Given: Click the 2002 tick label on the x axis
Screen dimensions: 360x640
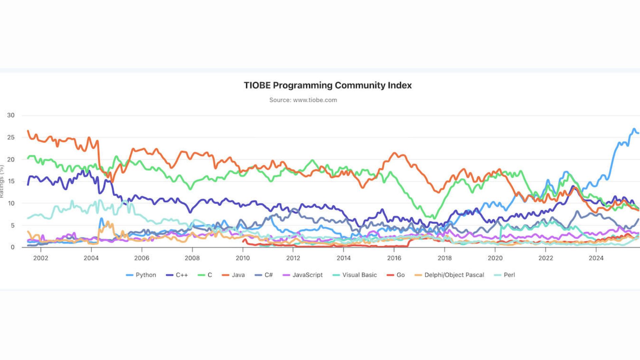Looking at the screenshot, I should click(41, 258).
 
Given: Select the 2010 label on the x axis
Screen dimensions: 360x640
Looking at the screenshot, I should click(243, 258).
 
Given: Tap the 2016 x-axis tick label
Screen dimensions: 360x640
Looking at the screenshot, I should click(394, 258).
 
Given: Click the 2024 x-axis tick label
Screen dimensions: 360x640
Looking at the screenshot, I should click(596, 258).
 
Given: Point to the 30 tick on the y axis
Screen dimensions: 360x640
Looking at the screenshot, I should click(11, 115).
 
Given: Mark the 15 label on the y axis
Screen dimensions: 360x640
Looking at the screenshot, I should click(11, 181).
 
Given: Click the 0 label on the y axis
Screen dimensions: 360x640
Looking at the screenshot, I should click(13, 247).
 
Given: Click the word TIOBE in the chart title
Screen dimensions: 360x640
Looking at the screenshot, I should click(257, 85).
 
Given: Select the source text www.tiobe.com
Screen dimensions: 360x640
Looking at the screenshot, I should click(315, 100).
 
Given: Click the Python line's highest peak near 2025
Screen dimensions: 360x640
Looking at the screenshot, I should click(634, 129).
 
